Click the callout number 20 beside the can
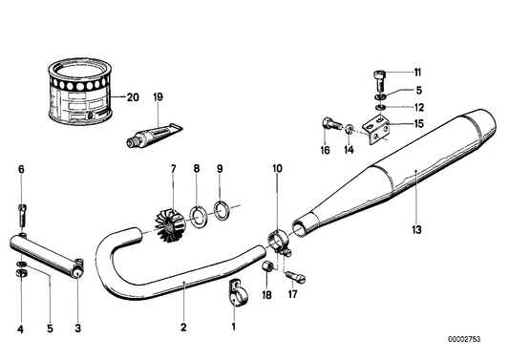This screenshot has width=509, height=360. point(133,97)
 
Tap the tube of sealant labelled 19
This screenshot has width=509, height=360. point(154,135)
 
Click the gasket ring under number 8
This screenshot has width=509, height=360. point(197,217)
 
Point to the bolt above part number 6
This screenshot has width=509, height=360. point(22,216)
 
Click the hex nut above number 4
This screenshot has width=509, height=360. point(21,273)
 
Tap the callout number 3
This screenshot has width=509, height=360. point(78,328)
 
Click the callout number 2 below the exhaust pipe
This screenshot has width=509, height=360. point(183,328)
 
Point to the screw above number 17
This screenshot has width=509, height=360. point(295,278)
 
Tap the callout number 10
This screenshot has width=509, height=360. point(278,168)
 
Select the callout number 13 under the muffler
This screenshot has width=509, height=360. point(416,230)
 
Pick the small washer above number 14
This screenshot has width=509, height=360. point(350,129)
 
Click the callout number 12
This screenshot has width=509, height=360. point(419,108)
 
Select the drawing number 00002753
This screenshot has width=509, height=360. point(464,339)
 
